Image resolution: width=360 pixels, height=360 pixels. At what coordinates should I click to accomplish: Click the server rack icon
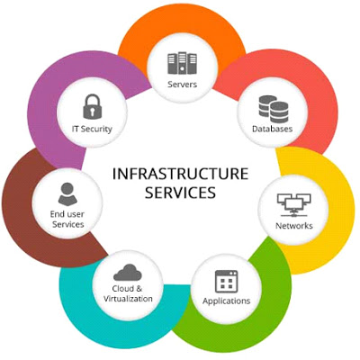[182, 63]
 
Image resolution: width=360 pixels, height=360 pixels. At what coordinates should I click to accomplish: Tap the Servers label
[183, 85]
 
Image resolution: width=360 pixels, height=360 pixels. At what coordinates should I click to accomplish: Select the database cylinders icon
[274, 109]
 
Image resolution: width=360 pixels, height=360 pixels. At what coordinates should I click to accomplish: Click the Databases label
[272, 129]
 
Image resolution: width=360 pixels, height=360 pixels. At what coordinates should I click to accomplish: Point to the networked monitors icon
[294, 205]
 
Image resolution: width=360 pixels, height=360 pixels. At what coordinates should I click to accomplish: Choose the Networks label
[294, 226]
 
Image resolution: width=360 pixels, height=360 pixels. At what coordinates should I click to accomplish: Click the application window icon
[227, 282]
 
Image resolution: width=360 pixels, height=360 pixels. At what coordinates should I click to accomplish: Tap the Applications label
[227, 301]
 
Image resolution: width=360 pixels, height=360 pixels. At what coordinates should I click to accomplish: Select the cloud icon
[128, 272]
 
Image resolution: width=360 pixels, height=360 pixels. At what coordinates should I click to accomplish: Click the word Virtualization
[128, 299]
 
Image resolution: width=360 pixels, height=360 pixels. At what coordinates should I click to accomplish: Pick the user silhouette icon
[67, 193]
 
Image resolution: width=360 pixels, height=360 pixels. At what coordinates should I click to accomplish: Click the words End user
[67, 214]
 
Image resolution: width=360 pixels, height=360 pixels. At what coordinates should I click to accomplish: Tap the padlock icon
[93, 107]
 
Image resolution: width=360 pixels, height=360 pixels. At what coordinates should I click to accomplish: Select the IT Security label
[92, 130]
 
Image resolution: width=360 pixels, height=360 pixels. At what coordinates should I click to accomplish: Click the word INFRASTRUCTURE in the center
[181, 174]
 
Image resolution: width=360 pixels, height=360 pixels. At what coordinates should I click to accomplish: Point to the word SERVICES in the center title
[181, 193]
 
